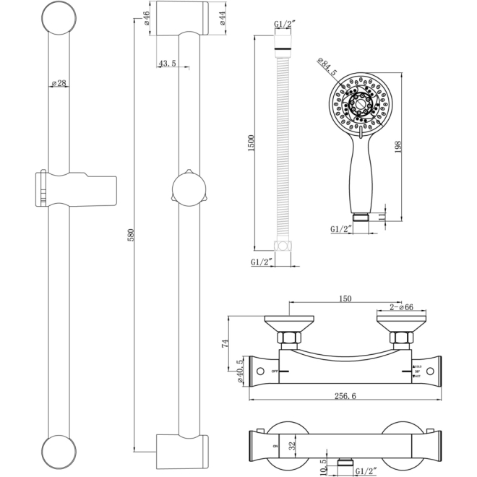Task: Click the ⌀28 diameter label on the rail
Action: (59, 84)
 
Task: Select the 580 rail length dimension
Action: (131, 236)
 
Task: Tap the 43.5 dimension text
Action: (167, 64)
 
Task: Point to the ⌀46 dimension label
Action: (147, 18)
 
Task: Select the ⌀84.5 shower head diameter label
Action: (327, 71)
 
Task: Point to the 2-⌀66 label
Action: (401, 308)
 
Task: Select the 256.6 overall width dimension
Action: (347, 395)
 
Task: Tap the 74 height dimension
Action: (225, 344)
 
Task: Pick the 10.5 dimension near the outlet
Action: (323, 468)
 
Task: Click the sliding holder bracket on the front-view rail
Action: (76, 189)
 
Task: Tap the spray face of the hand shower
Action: (359, 103)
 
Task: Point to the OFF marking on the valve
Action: (275, 371)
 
